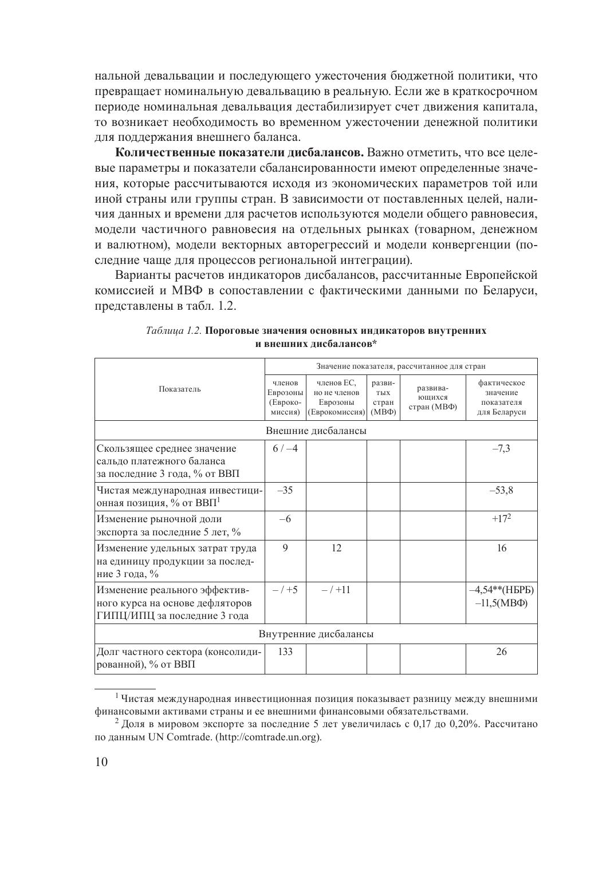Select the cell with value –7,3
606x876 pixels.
pyautogui.click(x=501, y=448)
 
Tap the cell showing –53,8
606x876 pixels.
pyautogui.click(x=501, y=490)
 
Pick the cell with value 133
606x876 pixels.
pyautogui.click(x=285, y=652)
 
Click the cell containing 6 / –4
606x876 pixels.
pyautogui.click(x=285, y=448)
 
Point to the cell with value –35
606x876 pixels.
pyautogui.click(x=285, y=490)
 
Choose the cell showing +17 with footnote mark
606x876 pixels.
pyautogui.click(x=501, y=519)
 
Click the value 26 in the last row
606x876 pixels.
pyautogui.click(x=501, y=652)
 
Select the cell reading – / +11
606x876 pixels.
pyautogui.click(x=336, y=589)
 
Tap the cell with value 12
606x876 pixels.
pyautogui.click(x=336, y=548)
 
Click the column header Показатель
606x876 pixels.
pyautogui.click(x=179, y=389)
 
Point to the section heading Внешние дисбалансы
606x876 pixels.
pyautogui.click(x=316, y=431)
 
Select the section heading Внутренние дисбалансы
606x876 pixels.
pyautogui.click(x=316, y=634)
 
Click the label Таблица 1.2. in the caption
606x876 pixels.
pyautogui.click(x=174, y=331)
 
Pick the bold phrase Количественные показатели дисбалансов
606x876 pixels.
pyautogui.click(x=240, y=153)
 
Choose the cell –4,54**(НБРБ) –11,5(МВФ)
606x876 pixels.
pyautogui.click(x=501, y=596)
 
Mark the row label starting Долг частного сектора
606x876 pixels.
pyautogui.click(x=179, y=658)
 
